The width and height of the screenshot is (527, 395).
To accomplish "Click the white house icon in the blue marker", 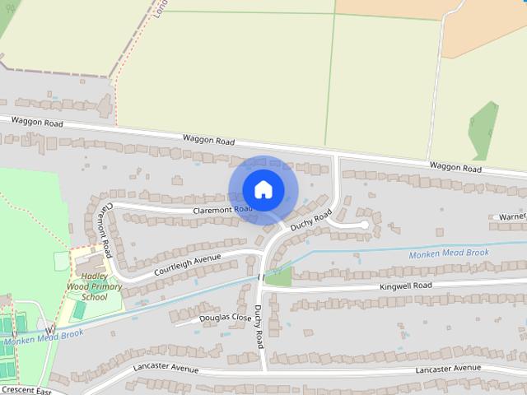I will pos(263,189).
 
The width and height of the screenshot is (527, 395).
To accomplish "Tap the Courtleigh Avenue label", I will pos(187,264).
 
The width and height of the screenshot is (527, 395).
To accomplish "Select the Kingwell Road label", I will pos(405,286).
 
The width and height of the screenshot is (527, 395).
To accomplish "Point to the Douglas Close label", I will pos(225,318).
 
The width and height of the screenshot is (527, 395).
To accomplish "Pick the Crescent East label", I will pos(26,390).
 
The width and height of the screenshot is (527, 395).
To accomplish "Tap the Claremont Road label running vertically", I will pos(104,223).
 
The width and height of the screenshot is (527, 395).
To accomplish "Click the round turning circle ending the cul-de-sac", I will pos(364,224).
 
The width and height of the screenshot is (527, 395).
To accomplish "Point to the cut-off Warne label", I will pos(511,216).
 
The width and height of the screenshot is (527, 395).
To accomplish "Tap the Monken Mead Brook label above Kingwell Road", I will pos(449,253).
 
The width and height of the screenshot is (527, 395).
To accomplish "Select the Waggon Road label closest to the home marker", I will pos(208,141).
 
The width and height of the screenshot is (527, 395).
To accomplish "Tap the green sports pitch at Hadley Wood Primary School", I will pos(79,310).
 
